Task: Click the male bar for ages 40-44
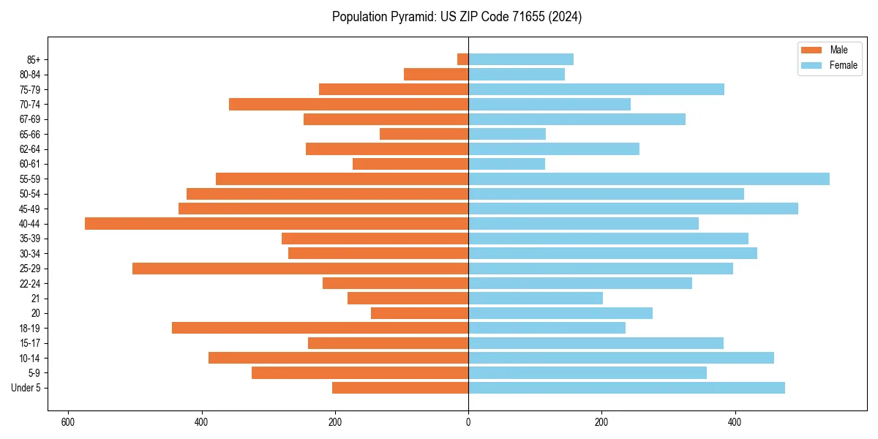point(277,223)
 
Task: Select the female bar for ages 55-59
point(648,179)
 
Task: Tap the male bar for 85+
point(462,59)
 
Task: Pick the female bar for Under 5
point(626,388)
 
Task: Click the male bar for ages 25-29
point(300,269)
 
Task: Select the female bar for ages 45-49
point(633,209)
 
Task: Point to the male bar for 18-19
point(320,328)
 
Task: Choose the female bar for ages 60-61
point(506,164)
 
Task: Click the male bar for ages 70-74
point(348,104)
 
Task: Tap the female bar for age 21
point(536,298)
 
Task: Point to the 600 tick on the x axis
point(68,422)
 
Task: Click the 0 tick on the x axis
point(468,422)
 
